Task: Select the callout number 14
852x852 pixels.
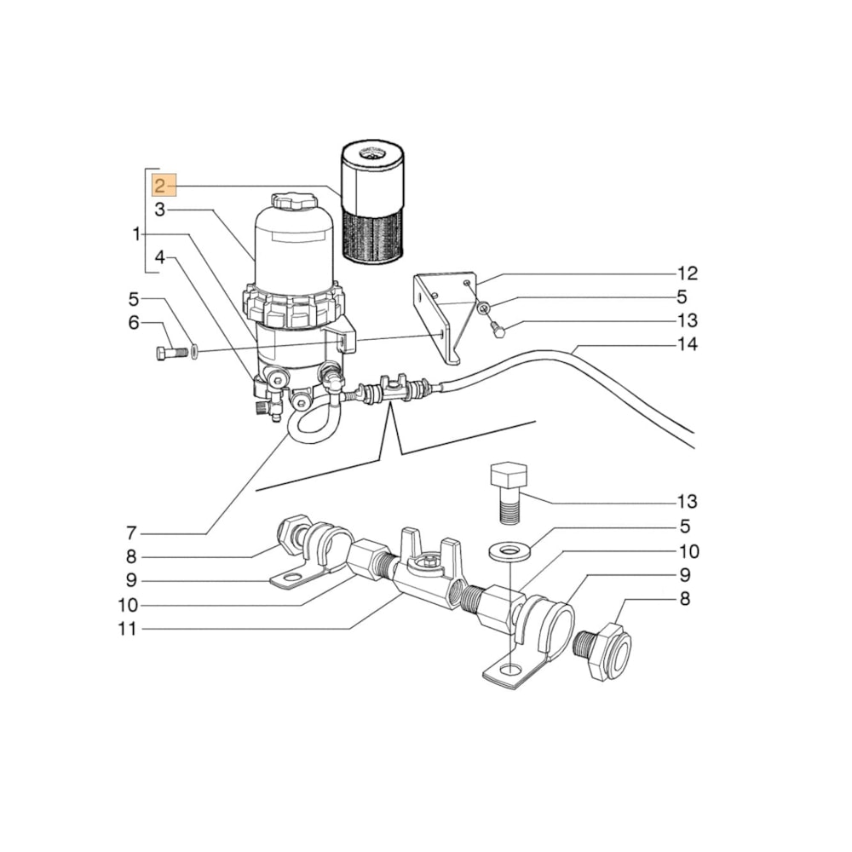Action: coord(687,345)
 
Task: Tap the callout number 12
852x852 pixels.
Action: coord(687,273)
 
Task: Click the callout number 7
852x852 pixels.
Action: coord(131,534)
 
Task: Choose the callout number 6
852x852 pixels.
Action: coord(133,323)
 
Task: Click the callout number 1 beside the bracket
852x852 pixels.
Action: coord(136,233)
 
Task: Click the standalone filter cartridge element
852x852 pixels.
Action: coord(371,202)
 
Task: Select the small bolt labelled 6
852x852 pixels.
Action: coord(171,353)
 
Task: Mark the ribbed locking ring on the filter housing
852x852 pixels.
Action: coord(295,305)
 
